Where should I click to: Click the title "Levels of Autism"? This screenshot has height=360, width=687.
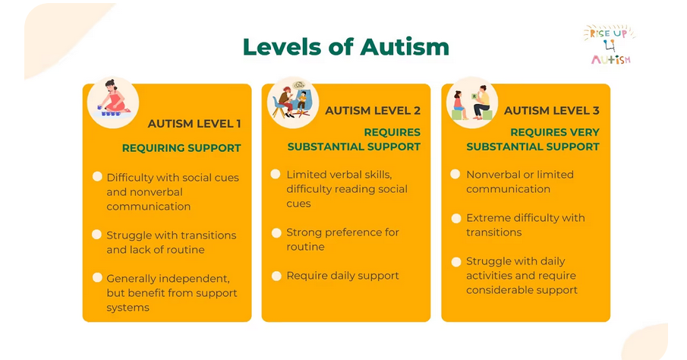pos(346,47)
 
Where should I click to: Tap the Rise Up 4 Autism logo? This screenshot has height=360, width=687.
pos(610,44)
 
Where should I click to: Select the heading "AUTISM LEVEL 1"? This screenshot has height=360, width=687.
pos(194,124)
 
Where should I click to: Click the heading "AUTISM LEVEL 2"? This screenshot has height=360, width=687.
pos(373,110)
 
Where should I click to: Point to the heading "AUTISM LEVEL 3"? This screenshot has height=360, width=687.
pos(552,110)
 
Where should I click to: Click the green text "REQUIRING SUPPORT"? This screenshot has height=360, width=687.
pos(181,148)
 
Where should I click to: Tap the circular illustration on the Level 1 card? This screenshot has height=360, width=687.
pos(113,103)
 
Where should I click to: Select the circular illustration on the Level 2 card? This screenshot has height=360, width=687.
pos(293,103)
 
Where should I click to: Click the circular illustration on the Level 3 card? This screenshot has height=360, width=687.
pos(472,103)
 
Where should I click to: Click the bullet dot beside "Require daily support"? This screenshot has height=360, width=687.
pos(276,276)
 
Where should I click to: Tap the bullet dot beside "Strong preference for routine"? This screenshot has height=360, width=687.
pos(276,233)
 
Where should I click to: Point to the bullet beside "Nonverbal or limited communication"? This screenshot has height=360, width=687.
pos(455,175)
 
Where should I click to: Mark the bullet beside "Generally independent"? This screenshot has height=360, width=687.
pos(97,278)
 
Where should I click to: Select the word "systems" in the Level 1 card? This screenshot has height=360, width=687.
pos(128,308)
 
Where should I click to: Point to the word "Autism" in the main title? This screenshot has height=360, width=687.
pos(405,47)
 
